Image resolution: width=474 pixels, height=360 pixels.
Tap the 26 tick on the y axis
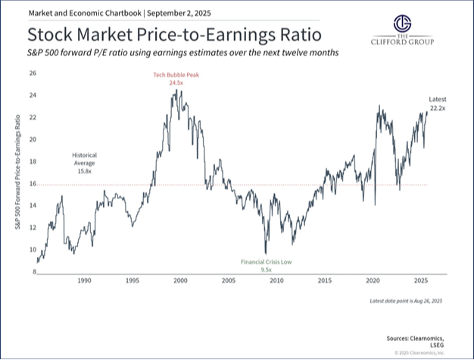coord(33,74)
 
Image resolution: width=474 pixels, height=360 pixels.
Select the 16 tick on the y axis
coord(33,184)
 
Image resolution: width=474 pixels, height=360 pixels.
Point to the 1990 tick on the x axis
coord(83,280)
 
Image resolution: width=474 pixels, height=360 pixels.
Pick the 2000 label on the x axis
coord(180,280)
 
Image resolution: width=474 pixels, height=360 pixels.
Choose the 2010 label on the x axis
coord(276,280)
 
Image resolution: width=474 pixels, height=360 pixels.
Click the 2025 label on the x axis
coord(421,280)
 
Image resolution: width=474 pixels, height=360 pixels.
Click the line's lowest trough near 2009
coord(265,254)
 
